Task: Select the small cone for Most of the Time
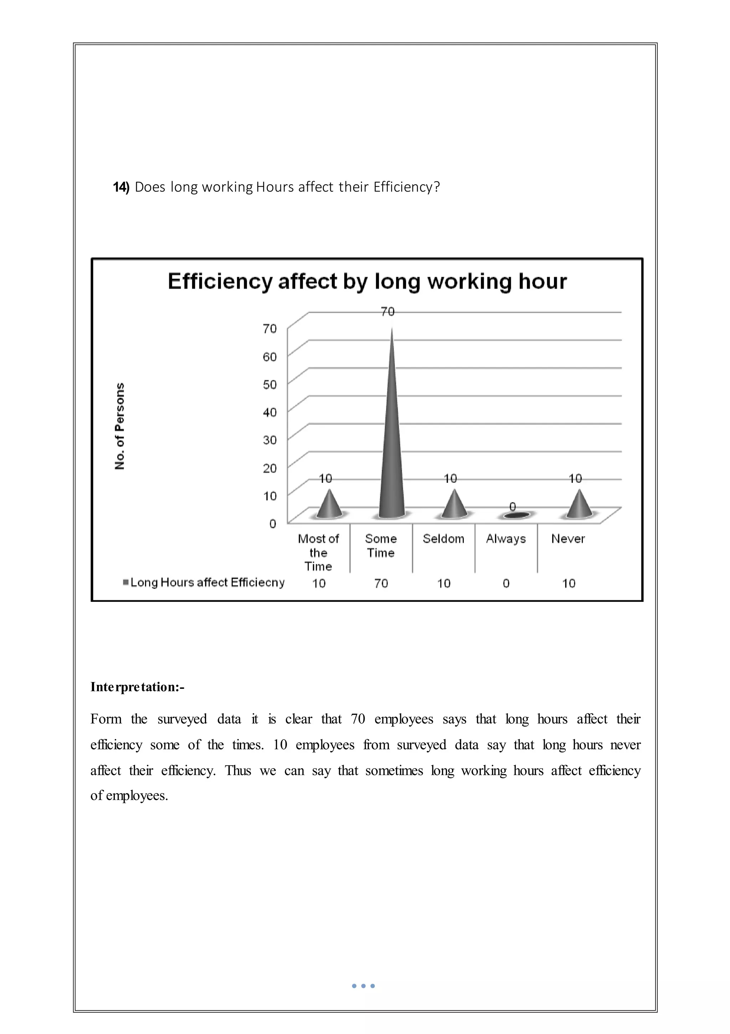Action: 330,505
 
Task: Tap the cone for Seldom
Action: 454,505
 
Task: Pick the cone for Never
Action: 579,505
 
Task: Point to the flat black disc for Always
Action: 516,515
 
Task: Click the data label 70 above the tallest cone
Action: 388,312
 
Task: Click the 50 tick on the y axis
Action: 270,385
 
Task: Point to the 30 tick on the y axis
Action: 270,440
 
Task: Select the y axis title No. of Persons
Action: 120,426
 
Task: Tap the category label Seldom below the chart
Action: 443,539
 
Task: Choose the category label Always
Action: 506,539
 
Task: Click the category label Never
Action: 568,539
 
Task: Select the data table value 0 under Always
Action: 506,584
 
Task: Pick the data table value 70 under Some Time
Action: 381,584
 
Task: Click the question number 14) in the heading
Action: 121,187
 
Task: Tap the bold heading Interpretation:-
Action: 137,687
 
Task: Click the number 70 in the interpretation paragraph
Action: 358,719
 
